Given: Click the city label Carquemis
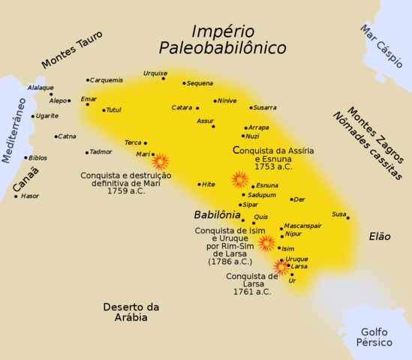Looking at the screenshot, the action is (107, 80).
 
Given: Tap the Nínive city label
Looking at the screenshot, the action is (227, 100).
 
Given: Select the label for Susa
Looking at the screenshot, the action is (339, 214).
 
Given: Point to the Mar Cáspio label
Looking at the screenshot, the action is (380, 46).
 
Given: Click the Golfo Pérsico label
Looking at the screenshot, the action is (375, 337).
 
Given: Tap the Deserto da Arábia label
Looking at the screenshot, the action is (131, 312).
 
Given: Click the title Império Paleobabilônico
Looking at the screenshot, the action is (223, 40).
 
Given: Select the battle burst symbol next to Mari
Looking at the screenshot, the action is (161, 161).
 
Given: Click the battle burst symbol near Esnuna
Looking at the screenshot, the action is (240, 179).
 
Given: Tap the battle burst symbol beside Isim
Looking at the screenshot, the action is (266, 242).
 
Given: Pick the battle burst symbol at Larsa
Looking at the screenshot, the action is (281, 267).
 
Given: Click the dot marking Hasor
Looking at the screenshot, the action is (16, 196).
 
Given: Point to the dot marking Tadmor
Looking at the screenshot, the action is (87, 152).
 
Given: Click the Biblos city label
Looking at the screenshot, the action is (38, 158).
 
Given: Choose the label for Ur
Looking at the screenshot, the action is (293, 280).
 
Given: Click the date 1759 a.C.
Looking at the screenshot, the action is (115, 191).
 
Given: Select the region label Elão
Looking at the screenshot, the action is (380, 236).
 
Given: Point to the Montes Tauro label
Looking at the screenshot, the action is (72, 50).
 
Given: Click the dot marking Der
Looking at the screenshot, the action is (292, 199).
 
